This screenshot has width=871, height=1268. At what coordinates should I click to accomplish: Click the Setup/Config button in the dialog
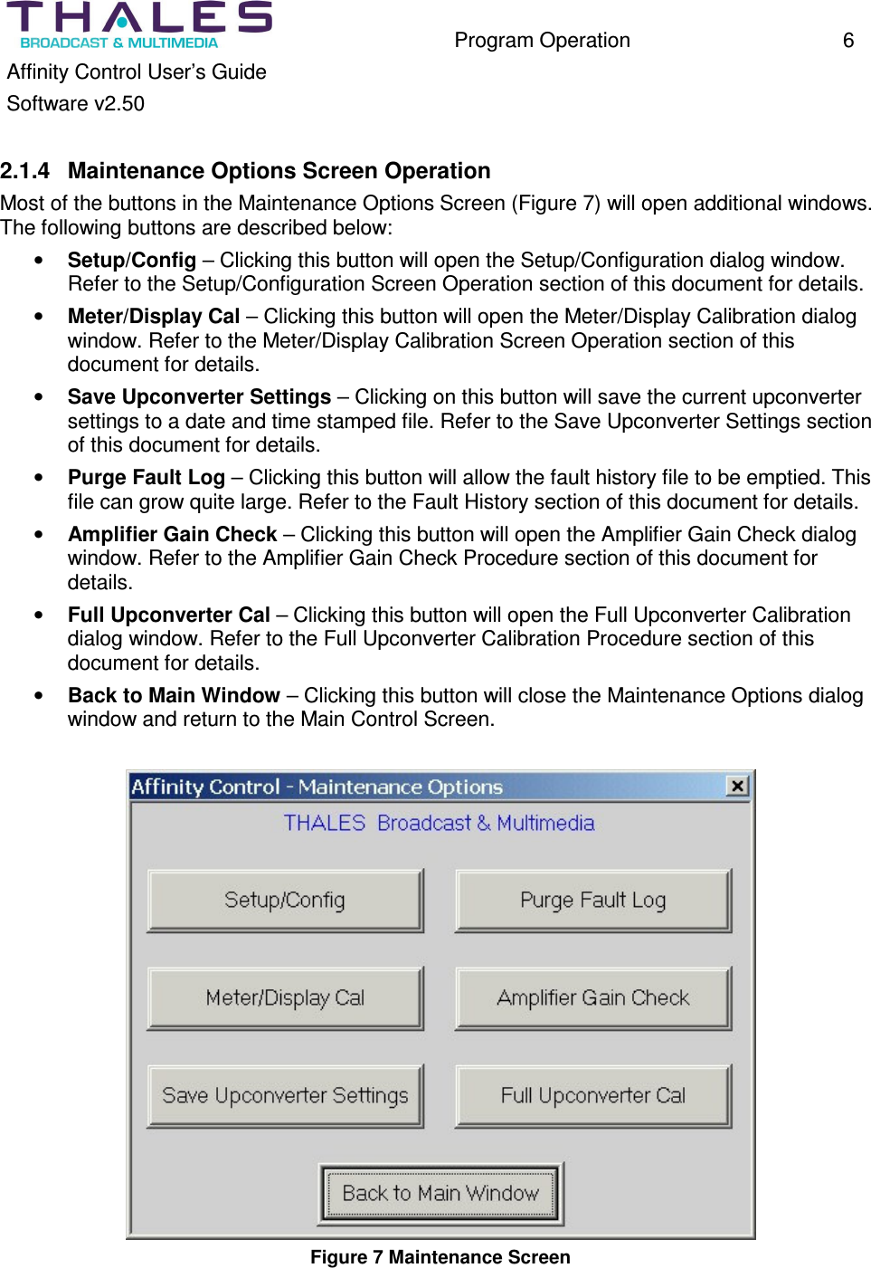point(285,901)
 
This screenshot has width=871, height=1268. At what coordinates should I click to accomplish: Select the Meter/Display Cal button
point(285,998)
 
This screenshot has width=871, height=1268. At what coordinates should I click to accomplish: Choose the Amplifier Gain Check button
point(592,998)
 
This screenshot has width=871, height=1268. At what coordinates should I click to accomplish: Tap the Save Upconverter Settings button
point(285,1096)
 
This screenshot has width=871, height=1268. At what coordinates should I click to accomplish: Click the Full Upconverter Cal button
point(592,1096)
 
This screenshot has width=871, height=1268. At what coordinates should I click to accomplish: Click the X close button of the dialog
point(738,786)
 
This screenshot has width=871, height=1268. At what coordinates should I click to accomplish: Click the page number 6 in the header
point(847,41)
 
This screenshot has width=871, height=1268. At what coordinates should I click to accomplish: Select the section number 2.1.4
point(25,171)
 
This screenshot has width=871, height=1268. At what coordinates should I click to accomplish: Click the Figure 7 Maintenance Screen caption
point(440,1257)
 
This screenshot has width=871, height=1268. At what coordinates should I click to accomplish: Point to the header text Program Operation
point(542,41)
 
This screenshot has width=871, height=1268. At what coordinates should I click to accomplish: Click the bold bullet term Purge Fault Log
point(146,478)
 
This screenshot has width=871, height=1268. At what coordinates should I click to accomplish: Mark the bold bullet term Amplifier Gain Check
point(172,535)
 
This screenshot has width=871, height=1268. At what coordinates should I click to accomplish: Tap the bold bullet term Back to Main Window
point(174,696)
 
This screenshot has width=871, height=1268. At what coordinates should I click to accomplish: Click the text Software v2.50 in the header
point(76,104)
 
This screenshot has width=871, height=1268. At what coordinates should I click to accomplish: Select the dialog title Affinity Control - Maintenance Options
point(317,787)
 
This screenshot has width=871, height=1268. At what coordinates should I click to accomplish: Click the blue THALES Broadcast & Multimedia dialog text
point(439,824)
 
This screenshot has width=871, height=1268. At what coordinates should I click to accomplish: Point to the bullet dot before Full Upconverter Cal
point(39,615)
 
